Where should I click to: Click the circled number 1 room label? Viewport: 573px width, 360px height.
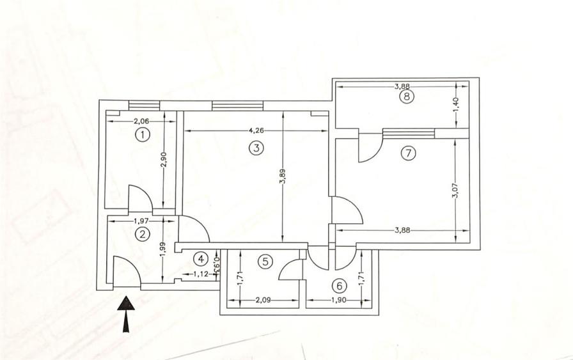pyautogui.click(x=142, y=135)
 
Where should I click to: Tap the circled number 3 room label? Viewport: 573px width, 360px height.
pyautogui.click(x=255, y=148)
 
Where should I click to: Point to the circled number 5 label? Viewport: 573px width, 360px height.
pyautogui.click(x=266, y=261)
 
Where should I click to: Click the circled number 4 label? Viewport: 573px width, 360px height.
pyautogui.click(x=201, y=259)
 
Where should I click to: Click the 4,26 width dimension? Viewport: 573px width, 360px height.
pyautogui.click(x=256, y=130)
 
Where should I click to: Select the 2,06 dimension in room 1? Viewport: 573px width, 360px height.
pyautogui.click(x=141, y=121)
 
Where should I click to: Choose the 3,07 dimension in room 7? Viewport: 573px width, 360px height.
pyautogui.click(x=455, y=190)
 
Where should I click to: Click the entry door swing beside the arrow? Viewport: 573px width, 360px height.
pyautogui.click(x=126, y=271)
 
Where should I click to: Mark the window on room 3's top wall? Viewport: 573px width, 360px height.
pyautogui.click(x=237, y=106)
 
